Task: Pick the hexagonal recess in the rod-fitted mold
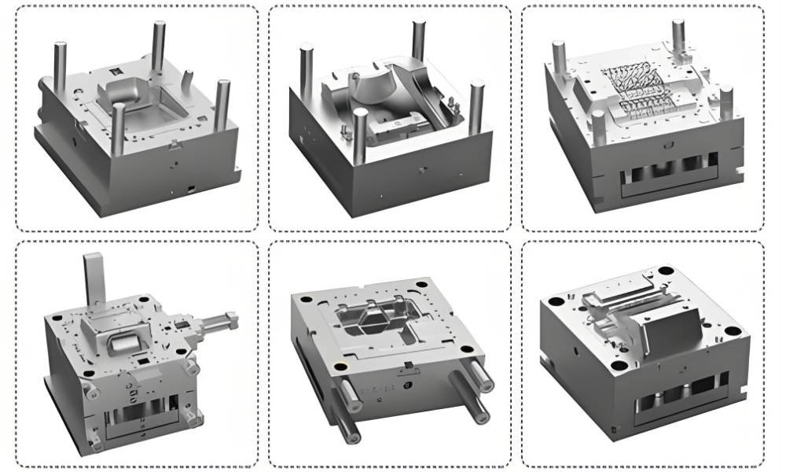(x=368, y=319)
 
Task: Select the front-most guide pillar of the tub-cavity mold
(x=119, y=130)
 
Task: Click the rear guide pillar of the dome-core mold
(x=418, y=41)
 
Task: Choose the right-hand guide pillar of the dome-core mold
(x=476, y=105)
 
